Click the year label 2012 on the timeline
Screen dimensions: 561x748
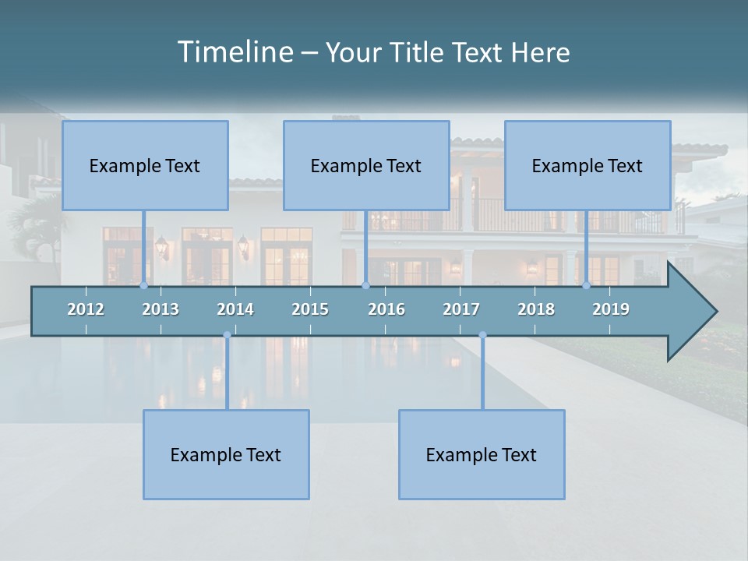pyautogui.click(x=86, y=309)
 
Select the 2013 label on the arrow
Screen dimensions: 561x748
pyautogui.click(x=161, y=309)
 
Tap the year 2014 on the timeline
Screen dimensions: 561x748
pyautogui.click(x=235, y=309)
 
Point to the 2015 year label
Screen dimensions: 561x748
pyautogui.click(x=310, y=309)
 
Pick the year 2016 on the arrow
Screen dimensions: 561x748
pyautogui.click(x=386, y=309)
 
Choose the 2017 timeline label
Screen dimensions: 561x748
pyautogui.click(x=461, y=309)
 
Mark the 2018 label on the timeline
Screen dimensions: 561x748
pyautogui.click(x=536, y=309)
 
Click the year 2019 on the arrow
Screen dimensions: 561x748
pyautogui.click(x=611, y=309)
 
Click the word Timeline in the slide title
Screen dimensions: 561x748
pyautogui.click(x=234, y=52)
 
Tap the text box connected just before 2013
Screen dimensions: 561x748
pyautogui.click(x=145, y=165)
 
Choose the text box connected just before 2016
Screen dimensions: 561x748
pyautogui.click(x=366, y=165)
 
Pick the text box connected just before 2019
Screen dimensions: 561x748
pyautogui.click(x=587, y=165)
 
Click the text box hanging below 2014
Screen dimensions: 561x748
pyautogui.click(x=226, y=454)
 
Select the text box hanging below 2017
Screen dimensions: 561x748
pyautogui.click(x=482, y=454)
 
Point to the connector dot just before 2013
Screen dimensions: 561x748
pyautogui.click(x=143, y=285)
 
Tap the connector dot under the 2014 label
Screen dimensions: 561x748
pyautogui.click(x=227, y=335)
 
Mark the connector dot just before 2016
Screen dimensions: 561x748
pyautogui.click(x=365, y=285)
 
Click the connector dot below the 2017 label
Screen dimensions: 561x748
pyautogui.click(x=482, y=335)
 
